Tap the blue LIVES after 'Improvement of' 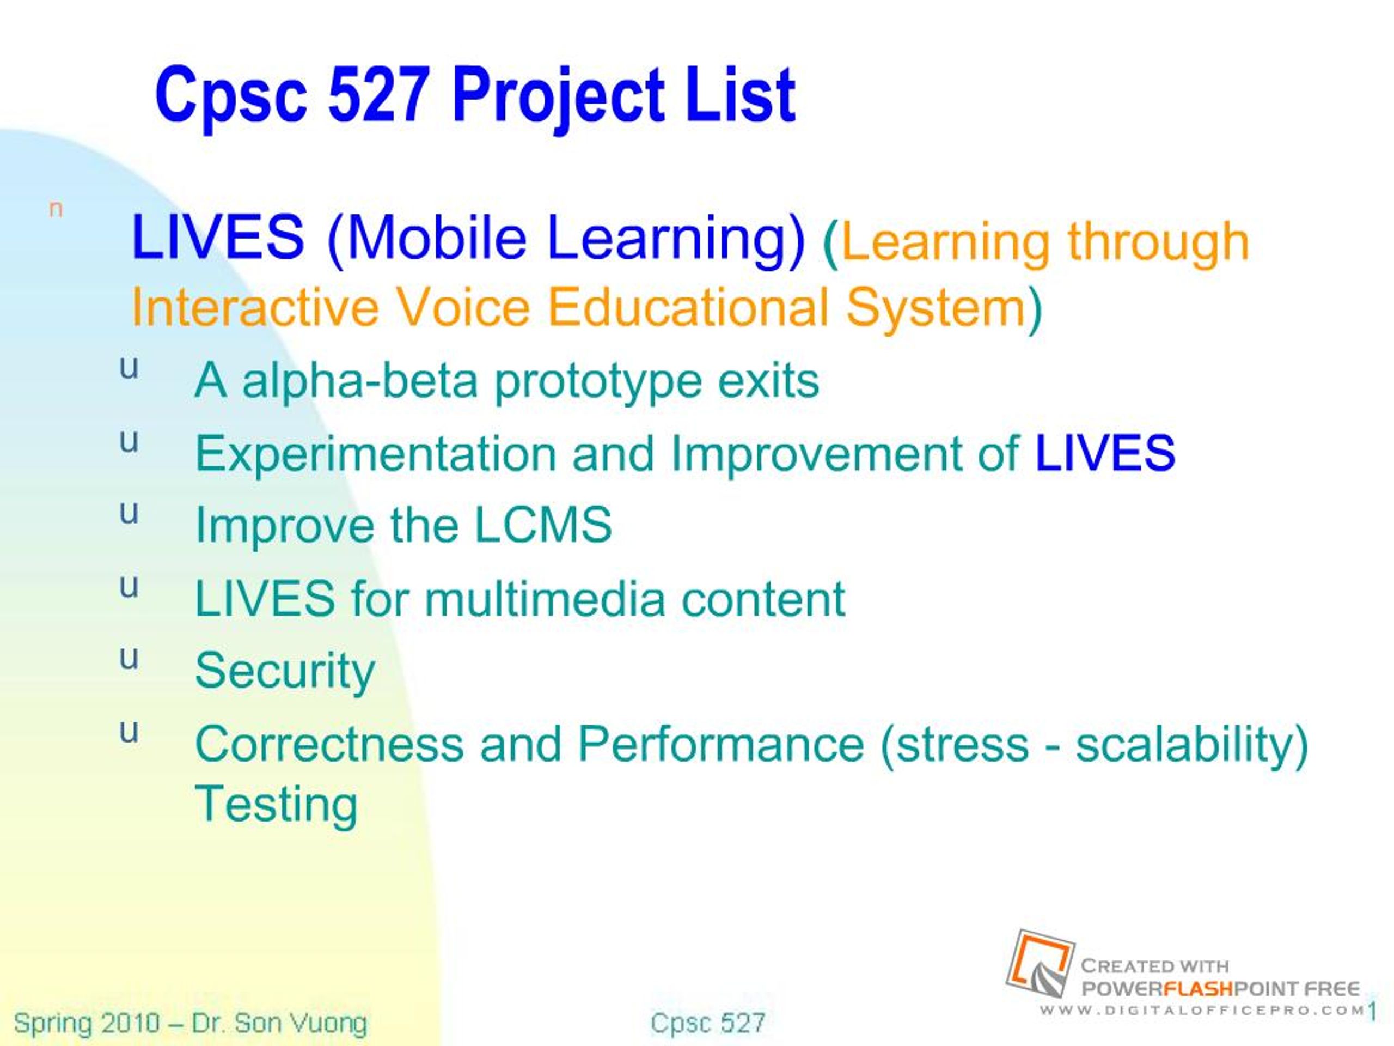point(1105,453)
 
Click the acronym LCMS point(542,525)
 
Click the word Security point(285,673)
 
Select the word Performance point(721,744)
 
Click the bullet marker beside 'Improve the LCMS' point(129,513)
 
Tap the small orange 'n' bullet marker point(56,209)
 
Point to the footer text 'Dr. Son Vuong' point(279,1023)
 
